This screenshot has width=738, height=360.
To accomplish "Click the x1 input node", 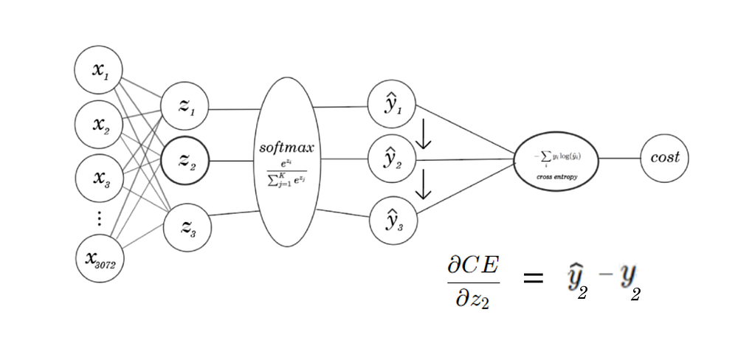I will click(98, 71).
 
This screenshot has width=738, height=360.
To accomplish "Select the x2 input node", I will click(98, 123).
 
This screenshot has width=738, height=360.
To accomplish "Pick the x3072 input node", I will click(100, 259).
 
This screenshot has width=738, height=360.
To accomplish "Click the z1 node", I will click(184, 107).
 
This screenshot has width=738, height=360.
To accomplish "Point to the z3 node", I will click(184, 227).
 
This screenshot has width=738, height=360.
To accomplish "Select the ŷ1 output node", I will click(392, 105).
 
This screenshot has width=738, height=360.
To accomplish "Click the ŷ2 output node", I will click(392, 159).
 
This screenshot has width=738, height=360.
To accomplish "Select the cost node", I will click(664, 158).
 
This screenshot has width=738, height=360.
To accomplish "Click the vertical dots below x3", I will click(100, 219).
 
